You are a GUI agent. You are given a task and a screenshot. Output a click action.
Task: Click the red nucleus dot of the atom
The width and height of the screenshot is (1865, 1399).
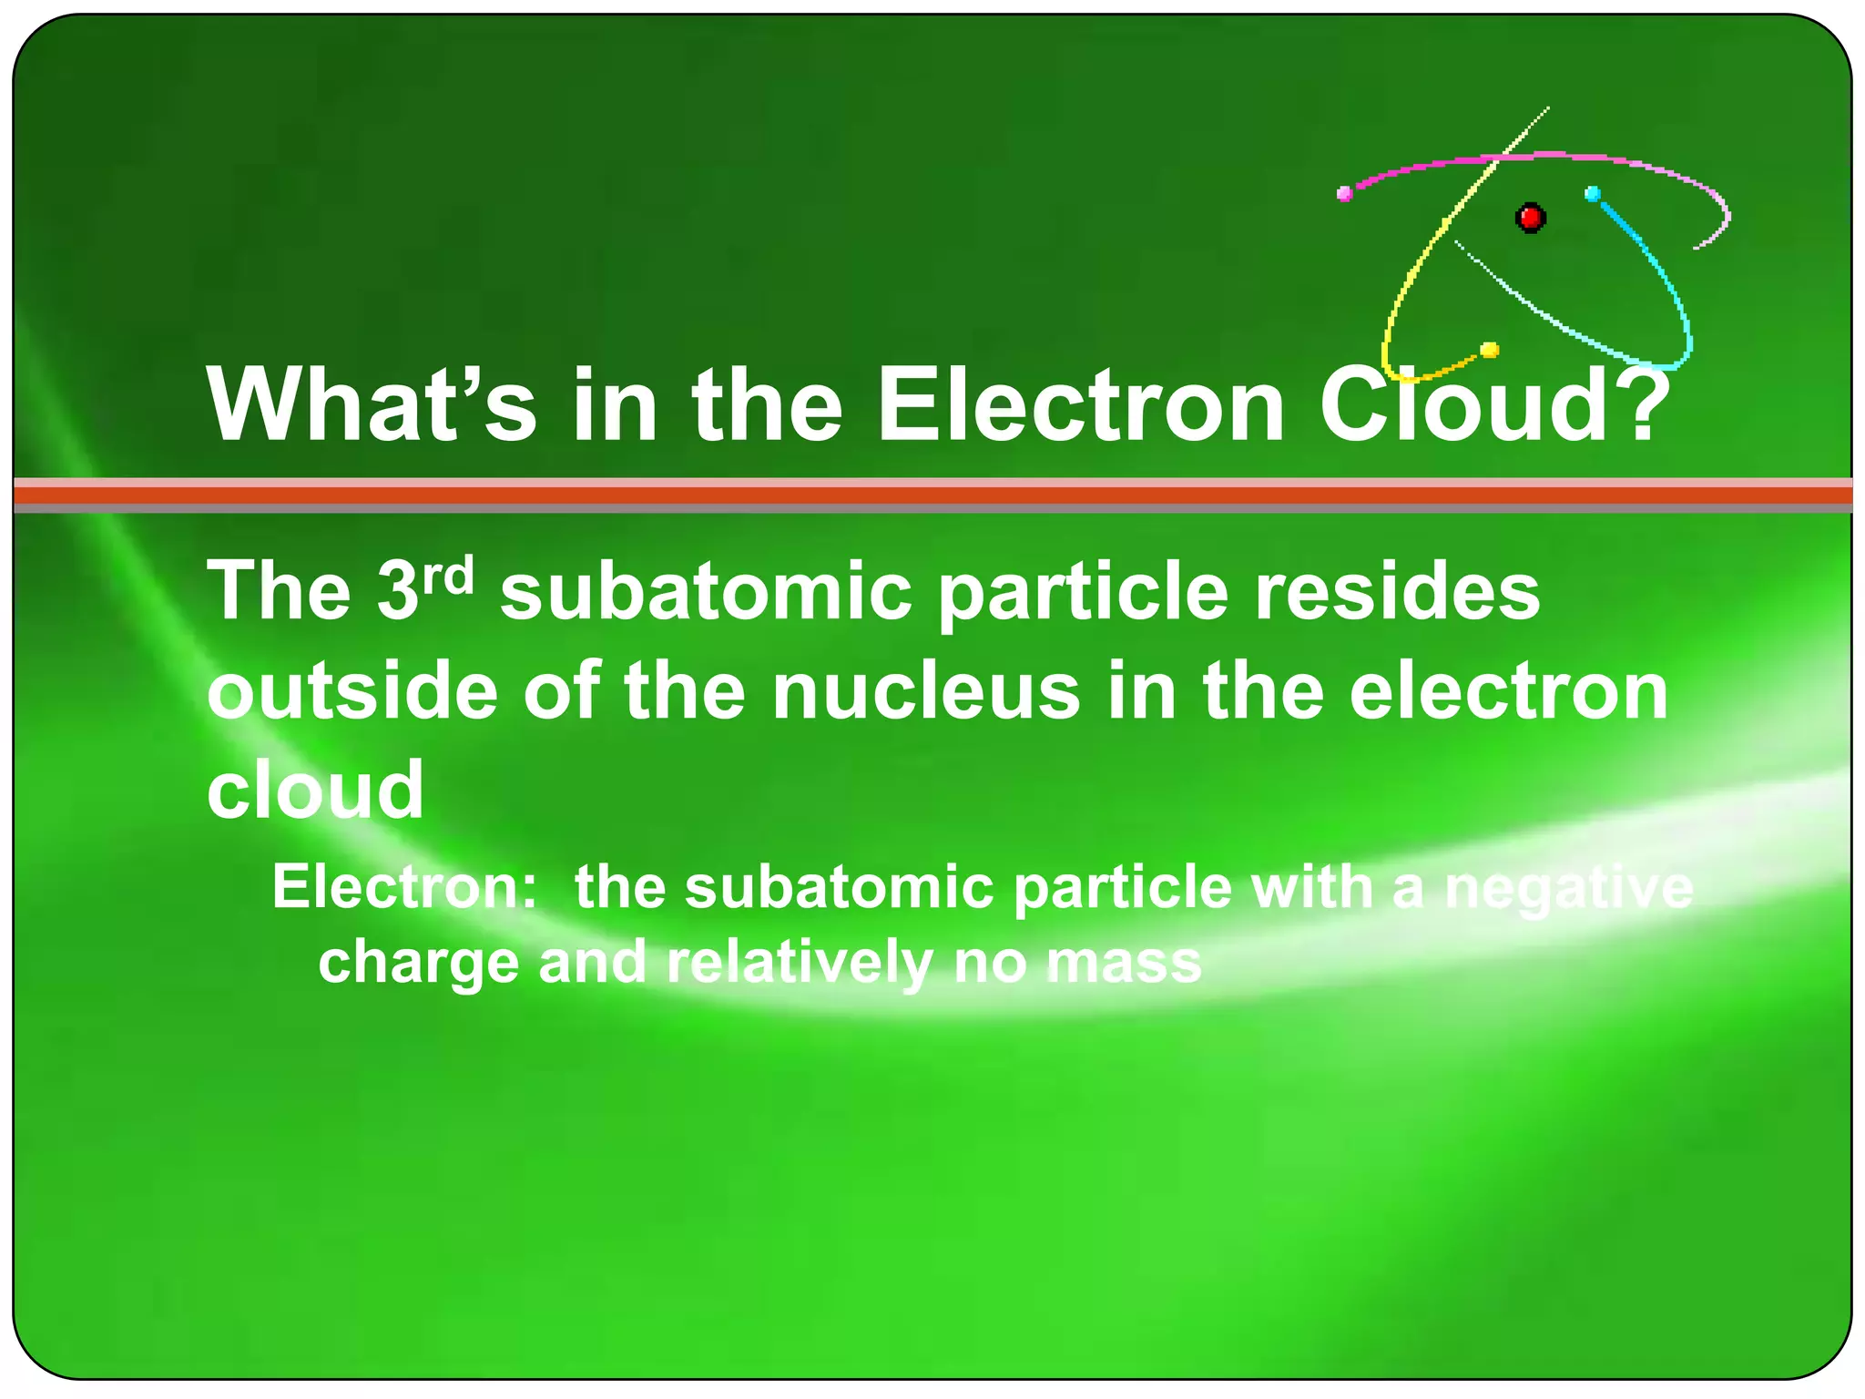[x=1530, y=218]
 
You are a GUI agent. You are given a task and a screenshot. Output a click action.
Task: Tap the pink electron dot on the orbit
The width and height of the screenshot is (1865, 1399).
[x=1344, y=193]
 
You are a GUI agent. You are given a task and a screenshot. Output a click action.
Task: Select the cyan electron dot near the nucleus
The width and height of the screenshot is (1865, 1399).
[x=1593, y=194]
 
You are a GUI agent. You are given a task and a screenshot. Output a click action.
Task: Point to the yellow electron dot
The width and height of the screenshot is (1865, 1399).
[x=1490, y=350]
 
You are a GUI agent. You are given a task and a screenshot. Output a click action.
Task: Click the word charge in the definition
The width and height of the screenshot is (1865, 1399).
[x=418, y=963]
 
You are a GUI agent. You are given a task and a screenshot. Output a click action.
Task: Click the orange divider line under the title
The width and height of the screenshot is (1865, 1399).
[x=932, y=495]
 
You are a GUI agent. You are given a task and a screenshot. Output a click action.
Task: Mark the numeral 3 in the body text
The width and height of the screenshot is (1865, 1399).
[x=397, y=592]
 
